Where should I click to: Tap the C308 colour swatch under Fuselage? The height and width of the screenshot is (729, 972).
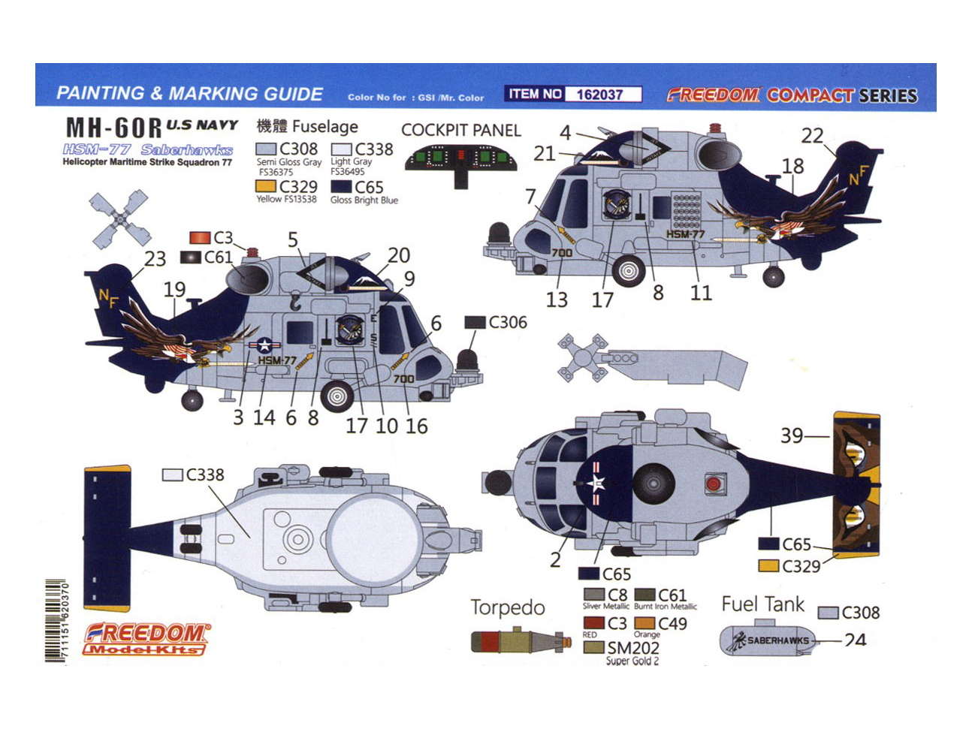coord(267,149)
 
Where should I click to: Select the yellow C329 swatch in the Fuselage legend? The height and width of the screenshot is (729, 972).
coord(266,186)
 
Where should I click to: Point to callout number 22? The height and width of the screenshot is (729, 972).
coord(812,136)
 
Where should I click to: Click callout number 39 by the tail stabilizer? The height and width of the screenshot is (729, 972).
coord(792,435)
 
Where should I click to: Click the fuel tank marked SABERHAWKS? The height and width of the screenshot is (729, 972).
coord(768,640)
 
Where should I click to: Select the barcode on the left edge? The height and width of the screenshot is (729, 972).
coord(56,620)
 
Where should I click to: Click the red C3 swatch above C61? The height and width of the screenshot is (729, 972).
coord(200,238)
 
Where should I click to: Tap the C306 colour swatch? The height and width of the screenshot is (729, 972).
coord(475,322)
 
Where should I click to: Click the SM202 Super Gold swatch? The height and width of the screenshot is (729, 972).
coord(593,647)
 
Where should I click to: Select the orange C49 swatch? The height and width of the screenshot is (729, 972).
coord(644,623)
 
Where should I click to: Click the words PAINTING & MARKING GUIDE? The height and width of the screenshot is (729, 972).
coord(189,94)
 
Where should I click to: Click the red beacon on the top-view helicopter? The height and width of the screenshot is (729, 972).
coord(713,483)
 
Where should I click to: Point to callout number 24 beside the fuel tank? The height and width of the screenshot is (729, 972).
coord(855,640)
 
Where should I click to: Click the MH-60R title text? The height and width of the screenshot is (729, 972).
coord(113,128)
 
